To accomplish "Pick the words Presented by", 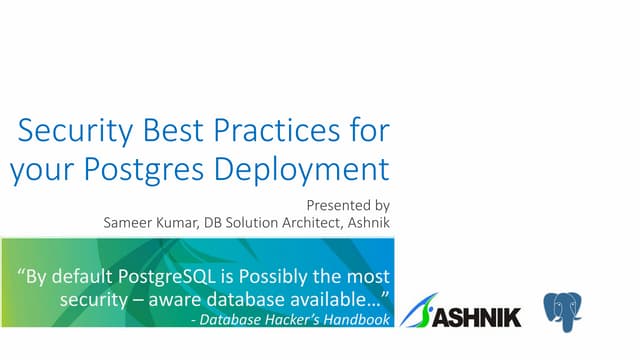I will tap(348, 203).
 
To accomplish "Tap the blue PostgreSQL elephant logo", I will tap(563, 311).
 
